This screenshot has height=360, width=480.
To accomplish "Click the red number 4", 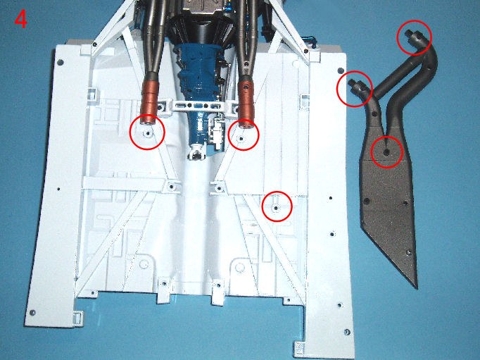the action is (x=21, y=19).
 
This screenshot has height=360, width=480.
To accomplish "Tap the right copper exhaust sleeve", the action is (x=246, y=104).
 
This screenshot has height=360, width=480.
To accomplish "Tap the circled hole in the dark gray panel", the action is (x=386, y=151).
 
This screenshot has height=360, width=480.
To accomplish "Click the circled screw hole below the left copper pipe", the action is (x=149, y=134).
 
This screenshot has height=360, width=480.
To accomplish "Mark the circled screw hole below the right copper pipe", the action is (x=241, y=139).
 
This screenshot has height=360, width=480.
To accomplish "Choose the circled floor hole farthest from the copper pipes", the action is (x=276, y=208).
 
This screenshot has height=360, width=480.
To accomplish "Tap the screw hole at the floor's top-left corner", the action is (x=61, y=63).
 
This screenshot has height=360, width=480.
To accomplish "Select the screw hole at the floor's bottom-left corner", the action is (x=32, y=313).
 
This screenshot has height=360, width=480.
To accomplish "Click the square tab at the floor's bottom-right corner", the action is (x=299, y=349).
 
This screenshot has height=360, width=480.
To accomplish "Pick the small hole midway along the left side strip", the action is (x=58, y=189).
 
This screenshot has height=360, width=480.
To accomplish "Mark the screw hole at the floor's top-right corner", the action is (x=341, y=70).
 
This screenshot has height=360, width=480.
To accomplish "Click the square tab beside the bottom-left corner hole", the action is (x=78, y=318).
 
